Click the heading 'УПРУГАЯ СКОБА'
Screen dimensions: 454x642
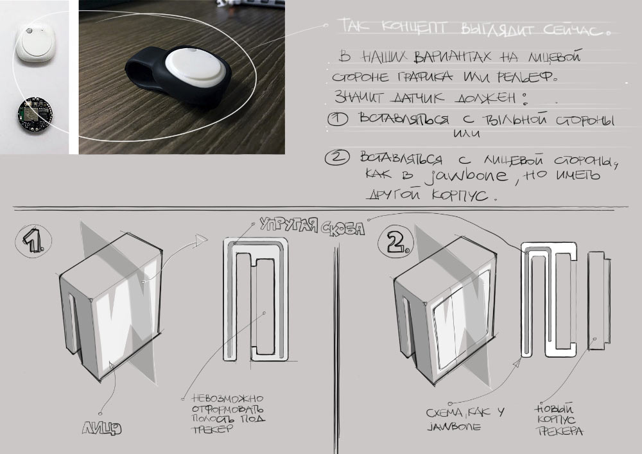pos(312,226)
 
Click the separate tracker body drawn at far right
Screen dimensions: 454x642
pos(597,302)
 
